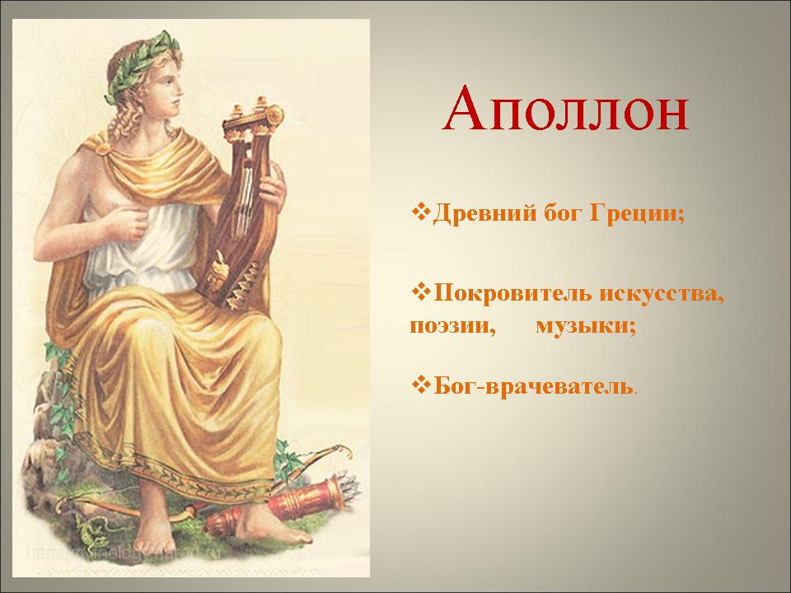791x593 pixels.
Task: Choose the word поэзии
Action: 451,326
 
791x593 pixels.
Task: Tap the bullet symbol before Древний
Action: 421,211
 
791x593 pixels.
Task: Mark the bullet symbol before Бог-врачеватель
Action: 421,385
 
